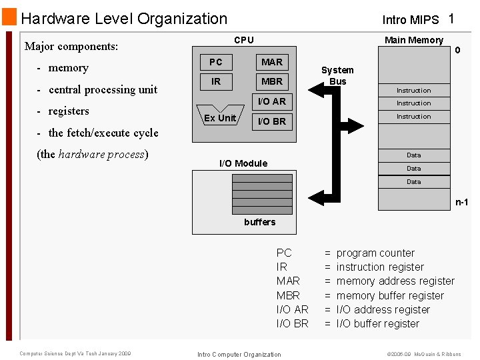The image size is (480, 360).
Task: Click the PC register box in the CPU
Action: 216,62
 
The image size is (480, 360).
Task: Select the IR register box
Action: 216,81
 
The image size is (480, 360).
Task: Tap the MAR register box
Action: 271,62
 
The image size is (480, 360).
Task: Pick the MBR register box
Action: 271,81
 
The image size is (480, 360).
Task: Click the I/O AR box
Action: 271,101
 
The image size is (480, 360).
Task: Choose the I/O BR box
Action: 271,121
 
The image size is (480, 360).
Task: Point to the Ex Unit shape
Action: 219,117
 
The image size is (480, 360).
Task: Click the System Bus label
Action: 337,75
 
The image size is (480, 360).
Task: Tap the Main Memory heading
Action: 413,40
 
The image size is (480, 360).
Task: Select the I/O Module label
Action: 243,163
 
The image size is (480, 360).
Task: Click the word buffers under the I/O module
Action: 259,222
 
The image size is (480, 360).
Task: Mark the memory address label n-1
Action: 461,202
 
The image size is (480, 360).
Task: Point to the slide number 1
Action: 451,19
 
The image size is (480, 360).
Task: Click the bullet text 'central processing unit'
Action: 103,89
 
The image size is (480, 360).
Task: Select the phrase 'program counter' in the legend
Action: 375,253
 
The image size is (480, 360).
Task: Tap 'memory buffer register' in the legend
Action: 390,295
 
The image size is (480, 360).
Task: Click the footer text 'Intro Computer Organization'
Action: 239,354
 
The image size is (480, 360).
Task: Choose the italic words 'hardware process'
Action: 101,154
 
